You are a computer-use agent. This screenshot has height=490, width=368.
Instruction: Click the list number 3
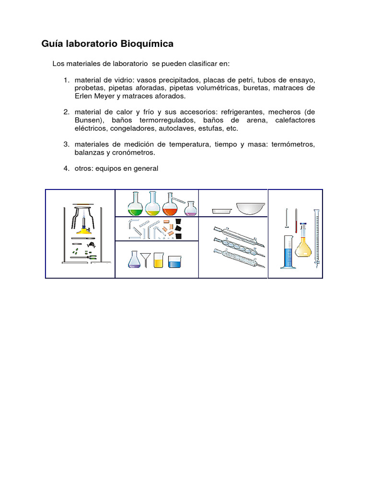pos(67,145)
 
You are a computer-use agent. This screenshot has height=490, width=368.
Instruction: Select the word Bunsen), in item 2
pos(88,120)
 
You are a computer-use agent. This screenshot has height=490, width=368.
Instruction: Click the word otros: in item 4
pos(84,168)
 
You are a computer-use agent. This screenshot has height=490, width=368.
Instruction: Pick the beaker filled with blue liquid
pos(174,262)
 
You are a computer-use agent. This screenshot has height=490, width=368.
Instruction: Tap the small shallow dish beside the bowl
pos(222,210)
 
